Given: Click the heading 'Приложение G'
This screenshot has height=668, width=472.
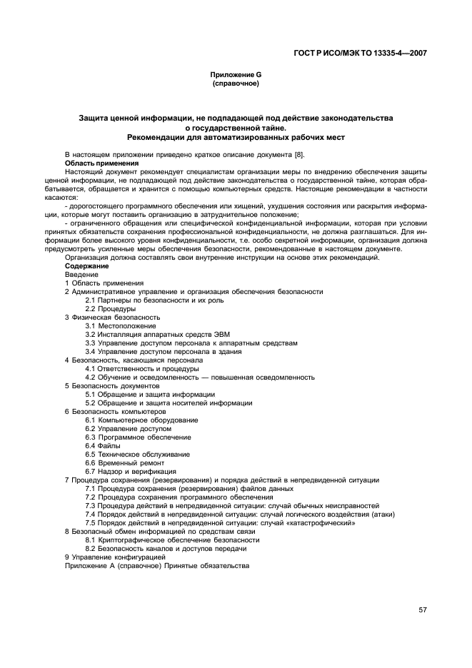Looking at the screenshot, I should click(x=236, y=75).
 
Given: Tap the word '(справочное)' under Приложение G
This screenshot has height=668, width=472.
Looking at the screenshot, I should click(x=236, y=83).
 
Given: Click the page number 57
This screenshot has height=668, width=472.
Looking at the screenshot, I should click(x=423, y=609).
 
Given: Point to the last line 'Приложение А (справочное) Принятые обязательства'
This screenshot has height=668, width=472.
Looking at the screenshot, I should click(x=156, y=565).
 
